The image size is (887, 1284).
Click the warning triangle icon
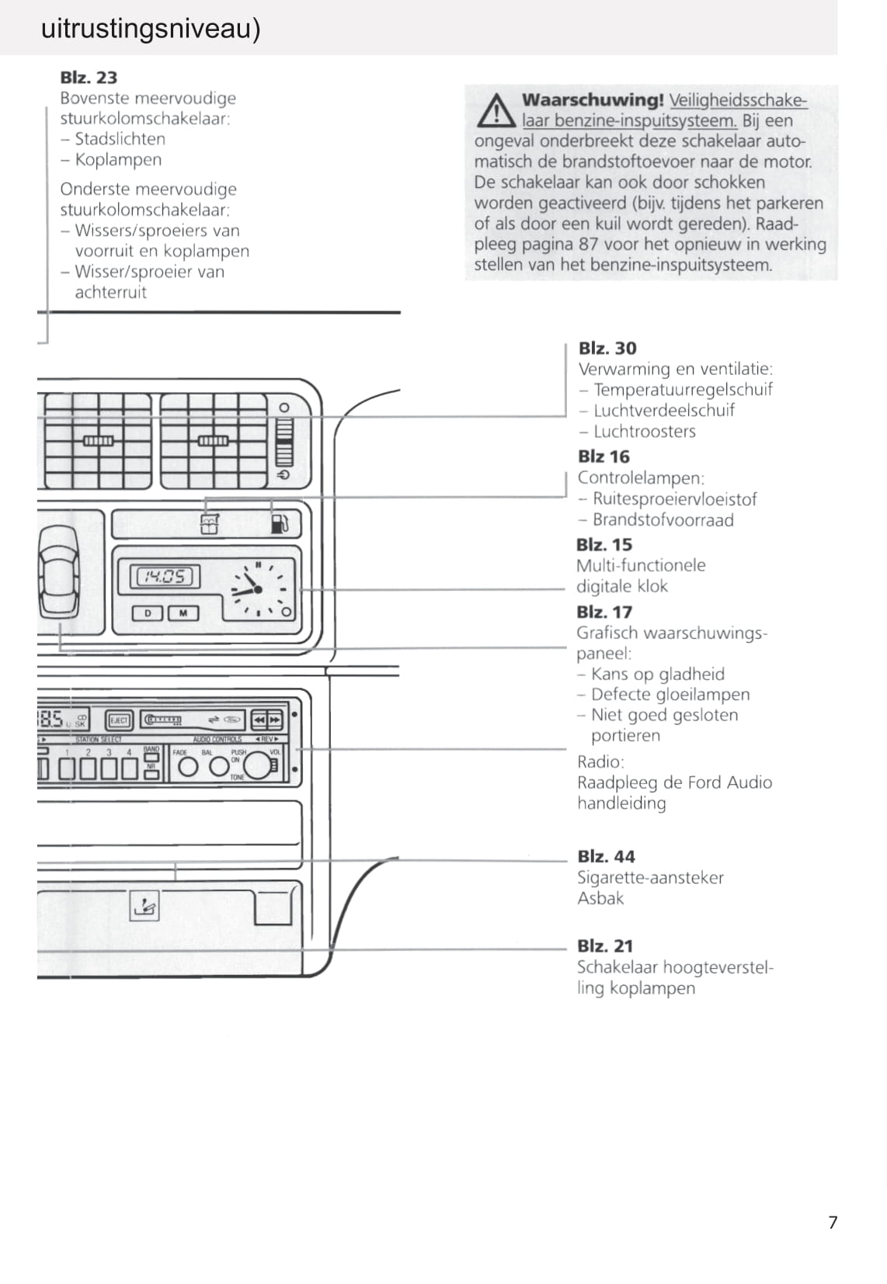tap(496, 111)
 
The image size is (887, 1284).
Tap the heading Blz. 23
tap(89, 78)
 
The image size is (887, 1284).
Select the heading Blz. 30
tap(607, 349)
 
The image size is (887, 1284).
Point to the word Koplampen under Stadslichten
tap(118, 160)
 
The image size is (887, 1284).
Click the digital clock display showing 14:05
tap(165, 576)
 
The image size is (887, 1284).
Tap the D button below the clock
tap(148, 613)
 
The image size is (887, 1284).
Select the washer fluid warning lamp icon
tap(210, 524)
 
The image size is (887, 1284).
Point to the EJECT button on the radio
tap(119, 720)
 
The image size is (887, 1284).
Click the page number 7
tap(833, 1223)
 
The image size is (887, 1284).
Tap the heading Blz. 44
tap(606, 857)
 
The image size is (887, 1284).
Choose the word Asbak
tap(600, 899)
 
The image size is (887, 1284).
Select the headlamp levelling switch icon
tap(144, 905)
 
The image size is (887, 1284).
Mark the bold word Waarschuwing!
tap(593, 100)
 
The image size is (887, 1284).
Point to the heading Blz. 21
tap(605, 946)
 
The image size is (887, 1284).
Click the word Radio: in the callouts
tap(600, 762)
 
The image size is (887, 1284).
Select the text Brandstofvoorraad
tap(663, 520)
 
